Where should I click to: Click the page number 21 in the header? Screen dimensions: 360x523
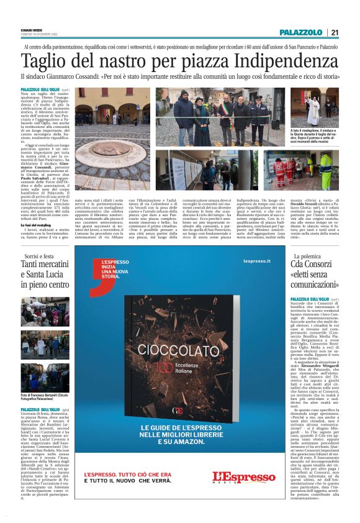pyautogui.click(x=335, y=32)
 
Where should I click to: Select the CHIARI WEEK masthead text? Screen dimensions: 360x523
pyautogui.click(x=31, y=29)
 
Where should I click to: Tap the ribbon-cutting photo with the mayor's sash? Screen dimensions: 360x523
pyautogui.click(x=221, y=116)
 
